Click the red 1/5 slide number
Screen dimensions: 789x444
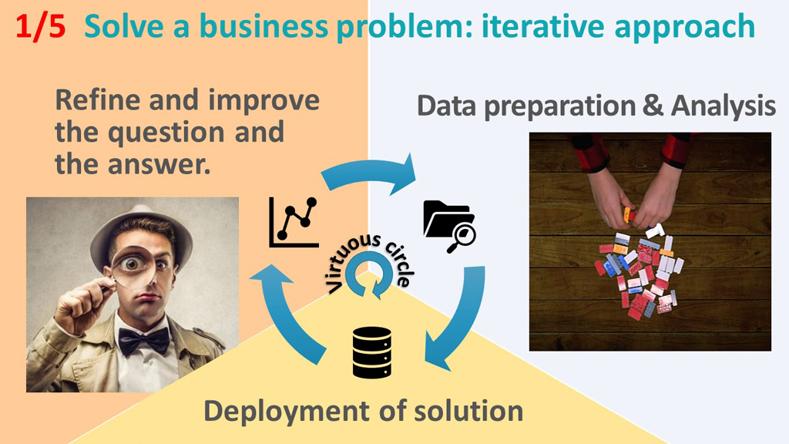pos(40,26)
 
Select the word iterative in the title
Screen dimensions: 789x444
pos(542,26)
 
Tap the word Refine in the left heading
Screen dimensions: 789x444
pos(98,99)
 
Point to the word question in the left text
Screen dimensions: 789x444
pos(166,133)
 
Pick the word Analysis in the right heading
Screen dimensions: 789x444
pos(723,106)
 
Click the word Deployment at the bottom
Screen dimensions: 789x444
pos(287,412)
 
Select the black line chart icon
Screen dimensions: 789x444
pos(294,222)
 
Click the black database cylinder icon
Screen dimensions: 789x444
pos(372,352)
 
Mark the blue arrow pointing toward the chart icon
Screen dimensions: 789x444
pos(284,312)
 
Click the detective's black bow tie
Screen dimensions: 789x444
pos(143,341)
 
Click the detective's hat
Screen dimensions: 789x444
pos(142,229)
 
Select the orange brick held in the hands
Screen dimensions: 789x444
pos(627,215)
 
